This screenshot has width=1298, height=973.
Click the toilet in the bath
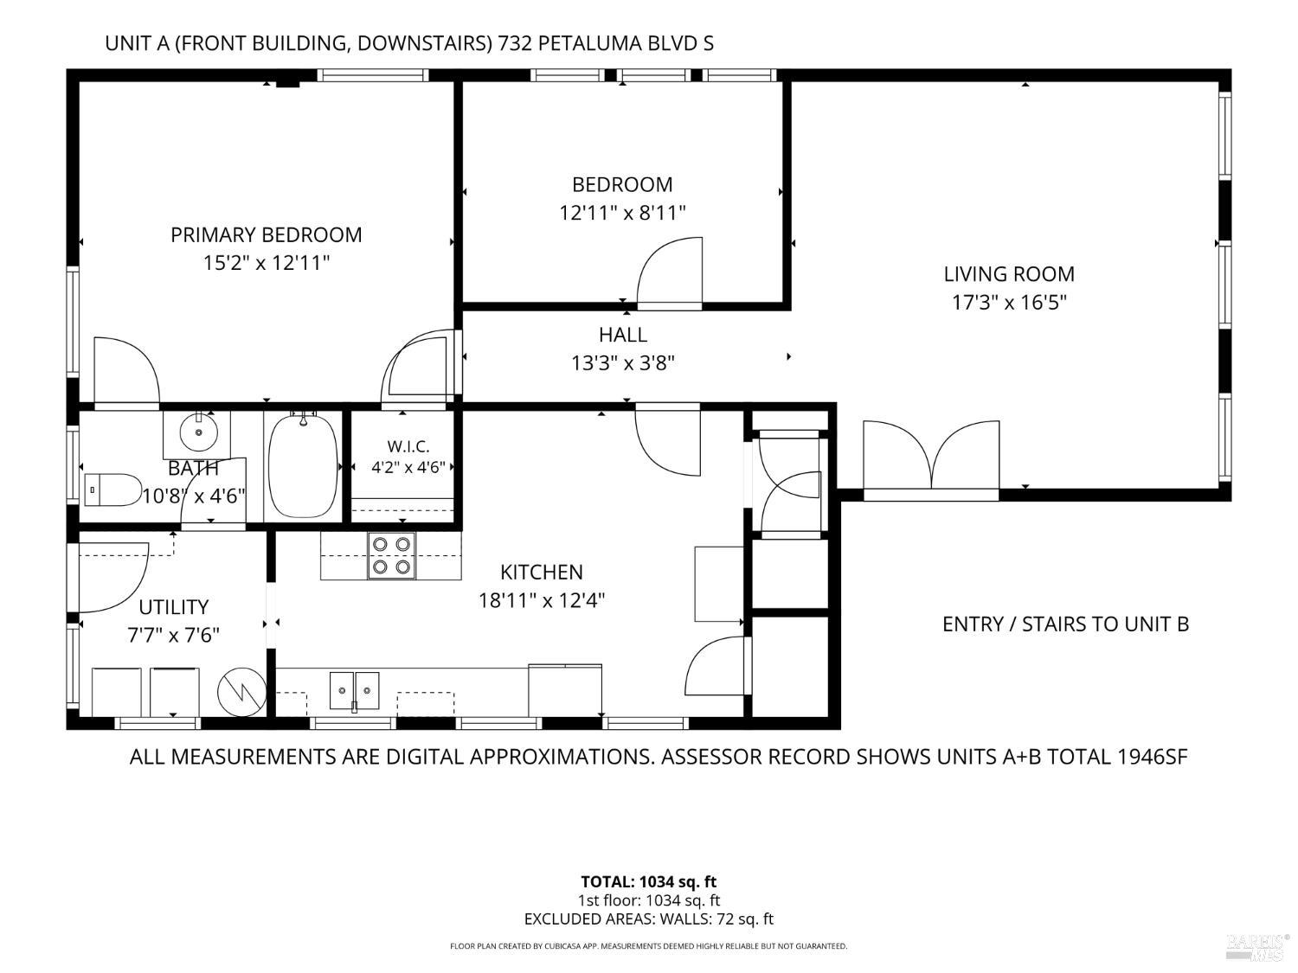pyautogui.click(x=112, y=490)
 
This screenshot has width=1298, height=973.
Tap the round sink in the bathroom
pyautogui.click(x=198, y=432)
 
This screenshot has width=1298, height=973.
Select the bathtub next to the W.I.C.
pyautogui.click(x=303, y=467)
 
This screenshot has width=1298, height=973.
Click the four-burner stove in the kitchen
pyautogui.click(x=391, y=555)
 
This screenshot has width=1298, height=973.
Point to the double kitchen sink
pyautogui.click(x=354, y=690)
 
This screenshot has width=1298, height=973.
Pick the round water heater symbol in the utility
pyautogui.click(x=241, y=692)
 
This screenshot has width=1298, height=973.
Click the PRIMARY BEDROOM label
pyautogui.click(x=267, y=235)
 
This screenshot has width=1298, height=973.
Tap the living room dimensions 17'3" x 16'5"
pyautogui.click(x=1009, y=303)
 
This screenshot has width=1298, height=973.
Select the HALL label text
pyautogui.click(x=623, y=335)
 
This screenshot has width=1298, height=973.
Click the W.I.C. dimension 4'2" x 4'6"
pyautogui.click(x=408, y=467)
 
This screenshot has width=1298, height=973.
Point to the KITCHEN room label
pyautogui.click(x=542, y=572)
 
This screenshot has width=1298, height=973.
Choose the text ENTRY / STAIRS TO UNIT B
pyautogui.click(x=1065, y=624)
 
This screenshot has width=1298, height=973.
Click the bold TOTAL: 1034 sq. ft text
pyautogui.click(x=649, y=882)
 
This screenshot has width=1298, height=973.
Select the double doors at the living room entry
pyautogui.click(x=931, y=456)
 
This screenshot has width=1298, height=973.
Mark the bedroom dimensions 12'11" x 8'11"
pyautogui.click(x=623, y=213)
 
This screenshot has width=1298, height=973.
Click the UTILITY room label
pyautogui.click(x=173, y=607)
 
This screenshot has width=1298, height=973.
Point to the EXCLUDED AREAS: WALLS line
pyautogui.click(x=649, y=919)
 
